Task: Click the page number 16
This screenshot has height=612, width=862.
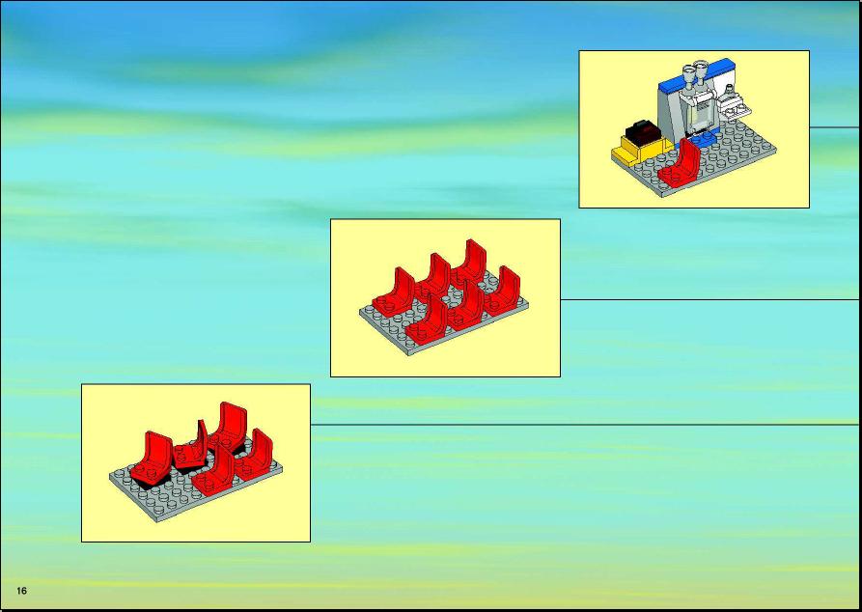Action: (22, 591)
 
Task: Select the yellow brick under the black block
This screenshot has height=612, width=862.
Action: (640, 149)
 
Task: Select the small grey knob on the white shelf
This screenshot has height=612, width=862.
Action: (730, 92)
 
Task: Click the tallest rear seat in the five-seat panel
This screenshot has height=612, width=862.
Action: (229, 425)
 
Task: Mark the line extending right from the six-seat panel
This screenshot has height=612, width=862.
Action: (709, 299)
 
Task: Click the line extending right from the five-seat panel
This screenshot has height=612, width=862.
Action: (584, 425)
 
